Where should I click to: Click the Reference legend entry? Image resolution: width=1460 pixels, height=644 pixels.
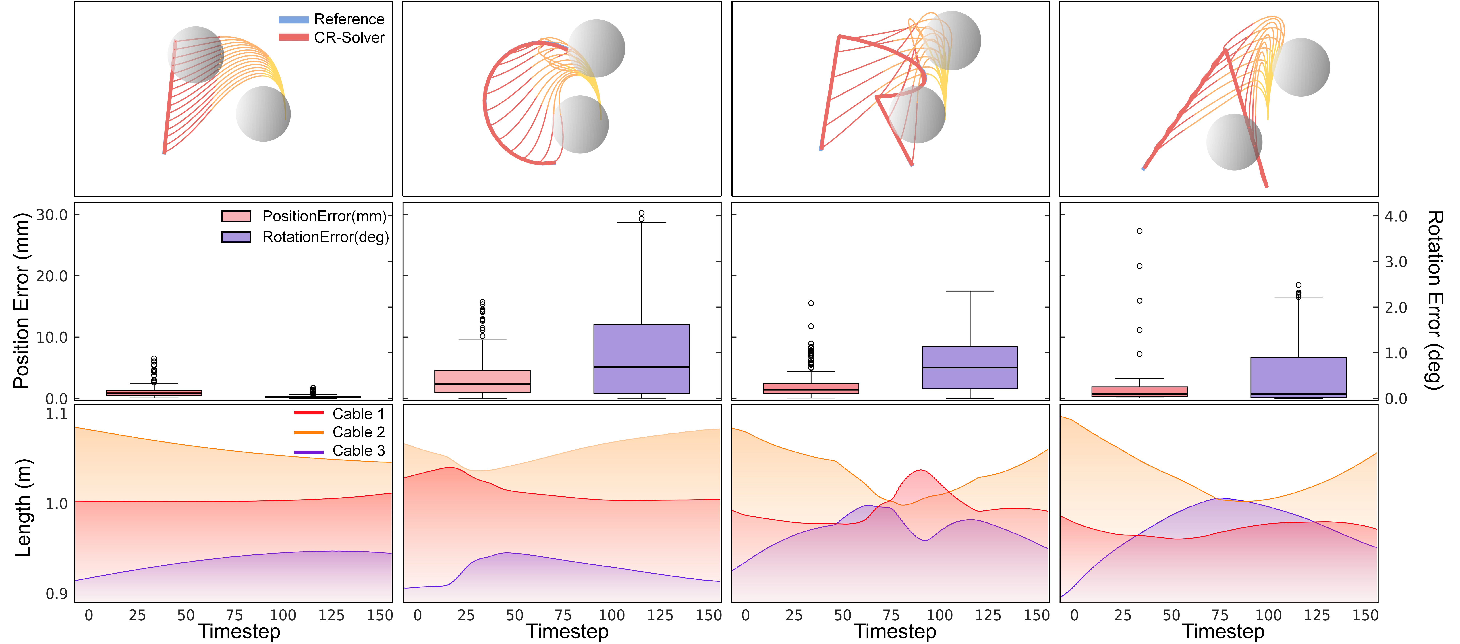point(332,19)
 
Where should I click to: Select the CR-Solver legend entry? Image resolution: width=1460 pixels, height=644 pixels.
point(332,37)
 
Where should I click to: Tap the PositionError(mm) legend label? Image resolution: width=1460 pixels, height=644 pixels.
point(324,216)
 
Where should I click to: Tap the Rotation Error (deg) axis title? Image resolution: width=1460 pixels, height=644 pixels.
point(1434,300)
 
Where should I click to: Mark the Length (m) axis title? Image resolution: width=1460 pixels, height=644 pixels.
point(23,507)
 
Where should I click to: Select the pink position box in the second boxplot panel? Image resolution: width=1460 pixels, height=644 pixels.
point(482,381)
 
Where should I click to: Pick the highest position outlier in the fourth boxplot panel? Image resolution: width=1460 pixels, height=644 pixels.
point(1139,231)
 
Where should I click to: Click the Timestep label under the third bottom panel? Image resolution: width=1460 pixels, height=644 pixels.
point(895,631)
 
